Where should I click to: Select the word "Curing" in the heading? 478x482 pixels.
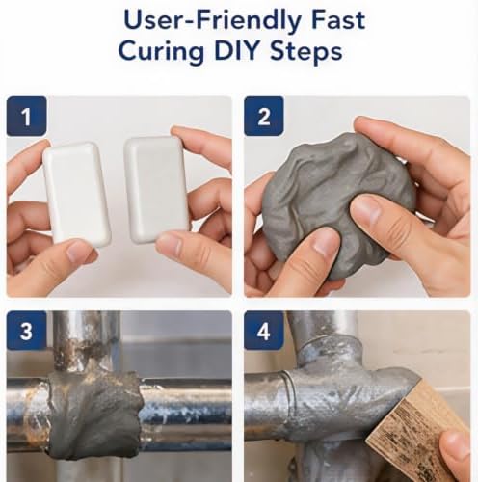click(x=161, y=52)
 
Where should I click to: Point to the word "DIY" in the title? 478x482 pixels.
click(x=238, y=50)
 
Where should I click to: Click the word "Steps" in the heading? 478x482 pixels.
click(x=306, y=51)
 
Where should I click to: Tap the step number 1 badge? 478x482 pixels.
click(x=27, y=117)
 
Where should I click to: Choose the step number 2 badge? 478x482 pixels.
click(x=264, y=117)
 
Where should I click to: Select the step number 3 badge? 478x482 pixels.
click(x=27, y=331)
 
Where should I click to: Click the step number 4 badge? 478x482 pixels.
click(x=264, y=331)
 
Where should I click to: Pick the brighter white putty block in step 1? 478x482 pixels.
click(x=77, y=194)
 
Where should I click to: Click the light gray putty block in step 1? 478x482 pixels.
click(x=156, y=189)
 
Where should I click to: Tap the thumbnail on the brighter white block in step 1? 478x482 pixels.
click(x=77, y=253)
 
